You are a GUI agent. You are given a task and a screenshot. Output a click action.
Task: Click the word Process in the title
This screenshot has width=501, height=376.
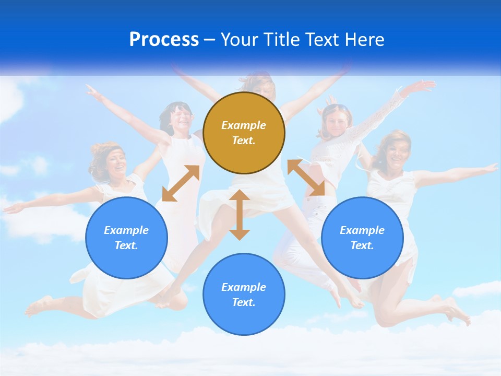click(x=164, y=40)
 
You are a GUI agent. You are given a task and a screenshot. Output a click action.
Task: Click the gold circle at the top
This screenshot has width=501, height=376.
click(x=244, y=133)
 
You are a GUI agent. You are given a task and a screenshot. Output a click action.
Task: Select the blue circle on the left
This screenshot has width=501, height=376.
click(x=126, y=238)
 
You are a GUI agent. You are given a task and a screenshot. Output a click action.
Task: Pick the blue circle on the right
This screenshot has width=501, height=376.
click(x=362, y=238)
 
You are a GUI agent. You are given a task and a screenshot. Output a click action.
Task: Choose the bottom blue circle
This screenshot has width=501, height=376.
click(x=244, y=295)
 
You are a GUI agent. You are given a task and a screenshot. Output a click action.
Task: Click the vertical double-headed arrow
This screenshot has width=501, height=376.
click(x=240, y=215)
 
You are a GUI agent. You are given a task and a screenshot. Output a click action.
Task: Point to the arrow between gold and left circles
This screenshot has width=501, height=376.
click(x=181, y=183)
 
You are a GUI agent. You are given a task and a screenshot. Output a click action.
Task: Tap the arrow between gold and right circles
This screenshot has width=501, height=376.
click(x=306, y=178)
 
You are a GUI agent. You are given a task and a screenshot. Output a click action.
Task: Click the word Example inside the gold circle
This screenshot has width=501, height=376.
click(x=244, y=125)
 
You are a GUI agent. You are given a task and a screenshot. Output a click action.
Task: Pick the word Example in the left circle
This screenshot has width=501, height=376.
click(x=126, y=230)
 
